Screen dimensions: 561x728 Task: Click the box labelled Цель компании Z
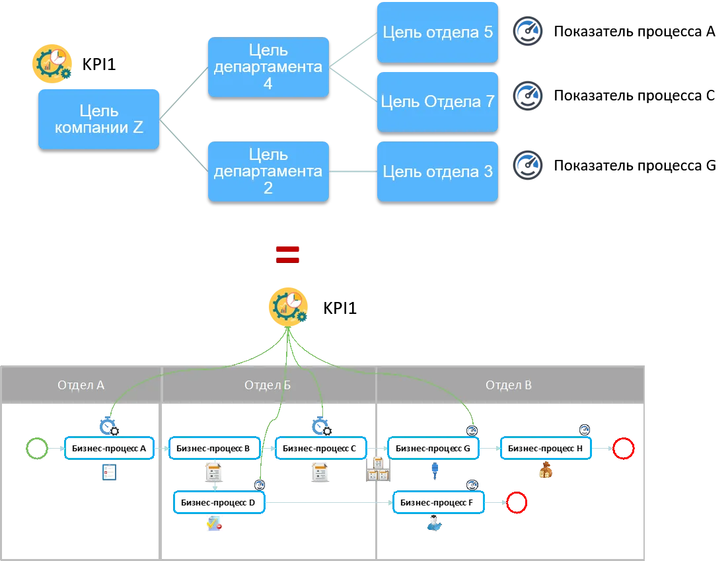pyautogui.click(x=98, y=119)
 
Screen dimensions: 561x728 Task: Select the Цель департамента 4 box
pyautogui.click(x=268, y=67)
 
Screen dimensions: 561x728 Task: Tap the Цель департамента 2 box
pyautogui.click(x=268, y=171)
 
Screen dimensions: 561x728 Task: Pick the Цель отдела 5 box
pyautogui.click(x=437, y=32)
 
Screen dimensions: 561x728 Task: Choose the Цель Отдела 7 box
pyautogui.click(x=437, y=102)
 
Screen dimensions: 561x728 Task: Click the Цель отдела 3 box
pyautogui.click(x=437, y=171)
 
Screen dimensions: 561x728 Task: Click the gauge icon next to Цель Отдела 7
pyautogui.click(x=528, y=95)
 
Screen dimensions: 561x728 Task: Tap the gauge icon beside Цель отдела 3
pyautogui.click(x=528, y=166)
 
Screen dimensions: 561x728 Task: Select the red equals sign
pyautogui.click(x=288, y=254)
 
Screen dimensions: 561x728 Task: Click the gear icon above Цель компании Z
pyautogui.click(x=53, y=63)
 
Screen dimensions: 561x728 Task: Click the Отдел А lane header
pyautogui.click(x=81, y=385)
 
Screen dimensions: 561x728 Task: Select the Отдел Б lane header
pyautogui.click(x=268, y=385)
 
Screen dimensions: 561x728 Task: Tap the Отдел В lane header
pyautogui.click(x=509, y=385)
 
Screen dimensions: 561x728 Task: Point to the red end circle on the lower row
pyautogui.click(x=517, y=504)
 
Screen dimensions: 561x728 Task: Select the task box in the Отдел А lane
pyautogui.click(x=108, y=447)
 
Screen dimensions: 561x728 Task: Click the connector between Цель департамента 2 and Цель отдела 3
pyautogui.click(x=353, y=172)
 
